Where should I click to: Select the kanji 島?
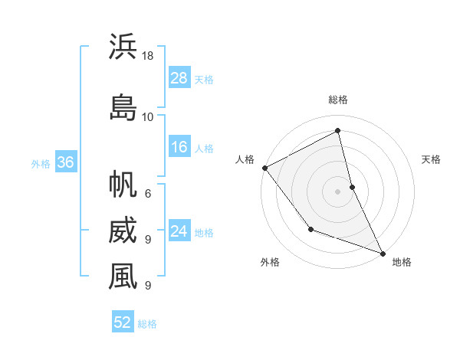coord(122,106)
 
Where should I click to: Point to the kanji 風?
coord(122,277)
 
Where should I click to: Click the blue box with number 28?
coord(179,78)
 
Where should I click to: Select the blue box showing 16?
coord(179,147)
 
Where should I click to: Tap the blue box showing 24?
coord(179,231)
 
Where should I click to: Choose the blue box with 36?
coord(65,162)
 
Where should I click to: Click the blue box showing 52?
coord(123,322)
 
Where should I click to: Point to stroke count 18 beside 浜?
coord(148,56)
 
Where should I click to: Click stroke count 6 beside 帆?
coord(147,193)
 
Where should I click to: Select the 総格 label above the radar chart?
coord(338,100)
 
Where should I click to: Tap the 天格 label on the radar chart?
coord(432,159)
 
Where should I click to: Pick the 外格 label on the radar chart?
coord(270,262)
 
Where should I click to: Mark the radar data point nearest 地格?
coord(383,253)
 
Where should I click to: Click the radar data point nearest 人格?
coord(264,168)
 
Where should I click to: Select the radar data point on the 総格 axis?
coord(338,132)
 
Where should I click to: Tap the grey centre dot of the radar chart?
coord(338,191)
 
